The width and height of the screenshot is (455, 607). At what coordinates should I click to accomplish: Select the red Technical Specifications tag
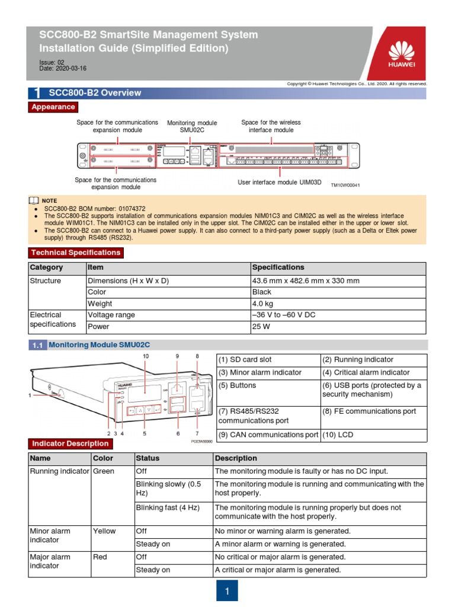76,253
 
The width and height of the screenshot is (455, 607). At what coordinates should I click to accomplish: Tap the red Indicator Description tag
71,443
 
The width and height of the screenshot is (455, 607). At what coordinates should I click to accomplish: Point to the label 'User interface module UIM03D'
279,183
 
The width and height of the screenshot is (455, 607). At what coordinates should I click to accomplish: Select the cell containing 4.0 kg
338,303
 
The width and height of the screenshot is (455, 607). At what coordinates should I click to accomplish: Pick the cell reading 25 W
338,326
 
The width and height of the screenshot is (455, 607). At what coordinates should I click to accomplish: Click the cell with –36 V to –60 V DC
338,315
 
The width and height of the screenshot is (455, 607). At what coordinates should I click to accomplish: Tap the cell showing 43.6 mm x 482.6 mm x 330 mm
338,280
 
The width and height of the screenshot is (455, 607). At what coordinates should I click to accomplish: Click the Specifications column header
338,268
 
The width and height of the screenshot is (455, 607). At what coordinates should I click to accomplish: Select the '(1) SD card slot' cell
268,360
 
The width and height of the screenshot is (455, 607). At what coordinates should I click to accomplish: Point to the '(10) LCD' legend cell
373,435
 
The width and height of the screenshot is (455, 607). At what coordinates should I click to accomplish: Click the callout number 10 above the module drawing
146,356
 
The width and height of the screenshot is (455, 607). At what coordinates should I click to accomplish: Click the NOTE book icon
34,201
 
